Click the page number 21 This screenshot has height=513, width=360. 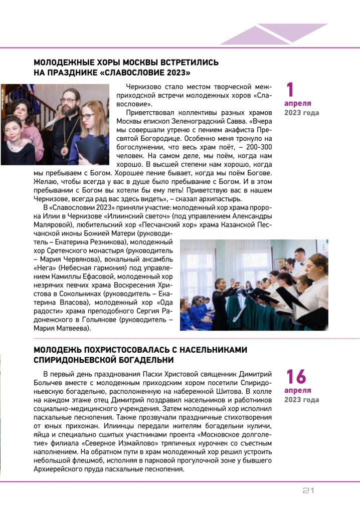tap(308, 490)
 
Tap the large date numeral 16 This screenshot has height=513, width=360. tap(295, 377)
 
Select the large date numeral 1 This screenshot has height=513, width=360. tap(290, 90)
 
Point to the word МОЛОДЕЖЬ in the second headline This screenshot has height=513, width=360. tap(58, 350)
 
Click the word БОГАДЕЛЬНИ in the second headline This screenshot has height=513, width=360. tap(145, 360)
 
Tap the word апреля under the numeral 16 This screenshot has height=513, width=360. tap(298, 390)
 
